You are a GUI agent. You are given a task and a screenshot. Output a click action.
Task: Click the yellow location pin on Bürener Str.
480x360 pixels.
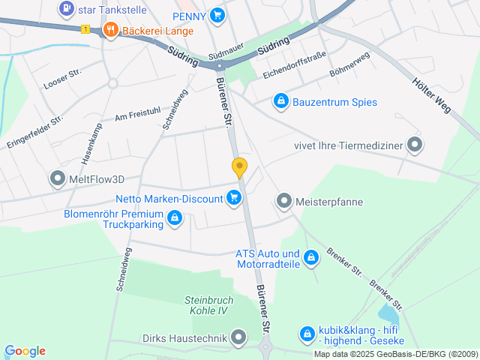[x=239, y=167]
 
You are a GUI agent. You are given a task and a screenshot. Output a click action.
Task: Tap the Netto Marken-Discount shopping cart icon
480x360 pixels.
[x=234, y=198]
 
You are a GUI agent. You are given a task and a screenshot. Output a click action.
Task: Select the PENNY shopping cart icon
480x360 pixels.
[x=217, y=14]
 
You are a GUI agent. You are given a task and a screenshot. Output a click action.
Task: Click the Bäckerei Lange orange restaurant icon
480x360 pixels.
[x=110, y=31]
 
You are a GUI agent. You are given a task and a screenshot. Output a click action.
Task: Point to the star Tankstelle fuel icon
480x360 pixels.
[x=66, y=9]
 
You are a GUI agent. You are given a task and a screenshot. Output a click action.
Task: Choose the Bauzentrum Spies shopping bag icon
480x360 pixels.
[x=280, y=101]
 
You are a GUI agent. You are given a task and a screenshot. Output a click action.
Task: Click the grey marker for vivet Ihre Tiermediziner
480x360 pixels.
[x=414, y=145]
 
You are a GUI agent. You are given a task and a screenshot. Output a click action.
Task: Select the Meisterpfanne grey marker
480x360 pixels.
[x=283, y=200]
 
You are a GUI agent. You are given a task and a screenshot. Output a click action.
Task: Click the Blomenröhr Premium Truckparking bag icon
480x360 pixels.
[x=174, y=218]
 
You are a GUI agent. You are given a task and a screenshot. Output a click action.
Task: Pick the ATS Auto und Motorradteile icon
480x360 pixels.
[x=311, y=259]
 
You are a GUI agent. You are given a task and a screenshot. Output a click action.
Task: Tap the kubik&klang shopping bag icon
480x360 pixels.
[x=307, y=334]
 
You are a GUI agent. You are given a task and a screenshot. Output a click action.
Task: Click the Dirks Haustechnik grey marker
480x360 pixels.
[x=238, y=338]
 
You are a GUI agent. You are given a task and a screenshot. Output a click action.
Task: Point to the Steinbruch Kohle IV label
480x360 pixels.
[x=209, y=305]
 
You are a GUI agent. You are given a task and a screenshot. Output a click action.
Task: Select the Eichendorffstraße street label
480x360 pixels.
[x=294, y=65]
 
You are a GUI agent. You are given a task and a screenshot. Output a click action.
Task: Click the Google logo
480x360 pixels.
[x=25, y=351]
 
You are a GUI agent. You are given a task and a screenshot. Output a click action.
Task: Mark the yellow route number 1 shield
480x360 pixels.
[x=85, y=29]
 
